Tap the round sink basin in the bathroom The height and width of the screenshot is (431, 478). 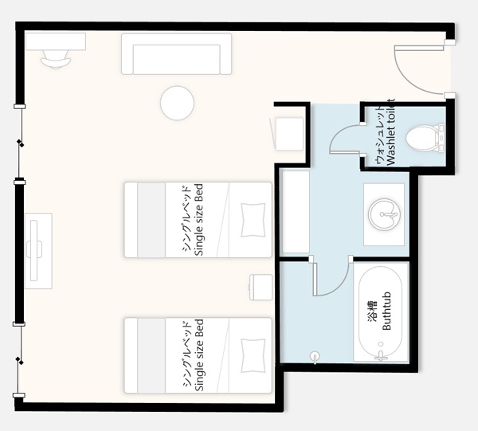click(384, 214)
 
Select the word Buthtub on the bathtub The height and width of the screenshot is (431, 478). click(386, 311)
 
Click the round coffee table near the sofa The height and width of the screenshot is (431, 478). click(177, 103)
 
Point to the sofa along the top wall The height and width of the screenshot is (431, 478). click(176, 54)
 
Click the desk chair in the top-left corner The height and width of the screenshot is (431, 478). click(56, 60)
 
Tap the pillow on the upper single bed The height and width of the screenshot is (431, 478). click(253, 220)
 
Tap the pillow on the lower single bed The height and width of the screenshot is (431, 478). click(253, 355)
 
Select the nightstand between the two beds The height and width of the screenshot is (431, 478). click(261, 287)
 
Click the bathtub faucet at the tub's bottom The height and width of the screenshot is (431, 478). click(381, 355)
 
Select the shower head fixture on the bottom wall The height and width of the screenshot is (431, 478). click(315, 357)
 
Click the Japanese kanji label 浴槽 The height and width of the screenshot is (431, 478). click(373, 311)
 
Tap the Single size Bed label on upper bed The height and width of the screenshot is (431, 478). click(198, 220)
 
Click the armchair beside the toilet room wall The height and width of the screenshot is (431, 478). click(288, 134)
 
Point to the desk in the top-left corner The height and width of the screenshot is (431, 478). click(56, 41)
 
